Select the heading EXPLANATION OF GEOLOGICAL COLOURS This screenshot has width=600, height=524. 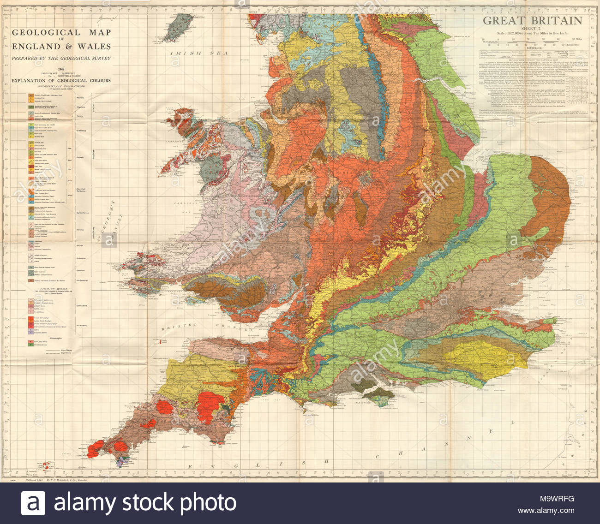pyautogui.click(x=61, y=81)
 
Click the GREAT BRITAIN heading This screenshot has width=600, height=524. pyautogui.click(x=532, y=21)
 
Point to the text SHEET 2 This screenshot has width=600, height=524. pyautogui.click(x=532, y=28)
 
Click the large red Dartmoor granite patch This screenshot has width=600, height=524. pyautogui.click(x=210, y=406)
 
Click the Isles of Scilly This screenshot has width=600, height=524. pyautogui.click(x=47, y=464)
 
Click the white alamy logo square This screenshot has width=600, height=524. pyautogui.click(x=33, y=503)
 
